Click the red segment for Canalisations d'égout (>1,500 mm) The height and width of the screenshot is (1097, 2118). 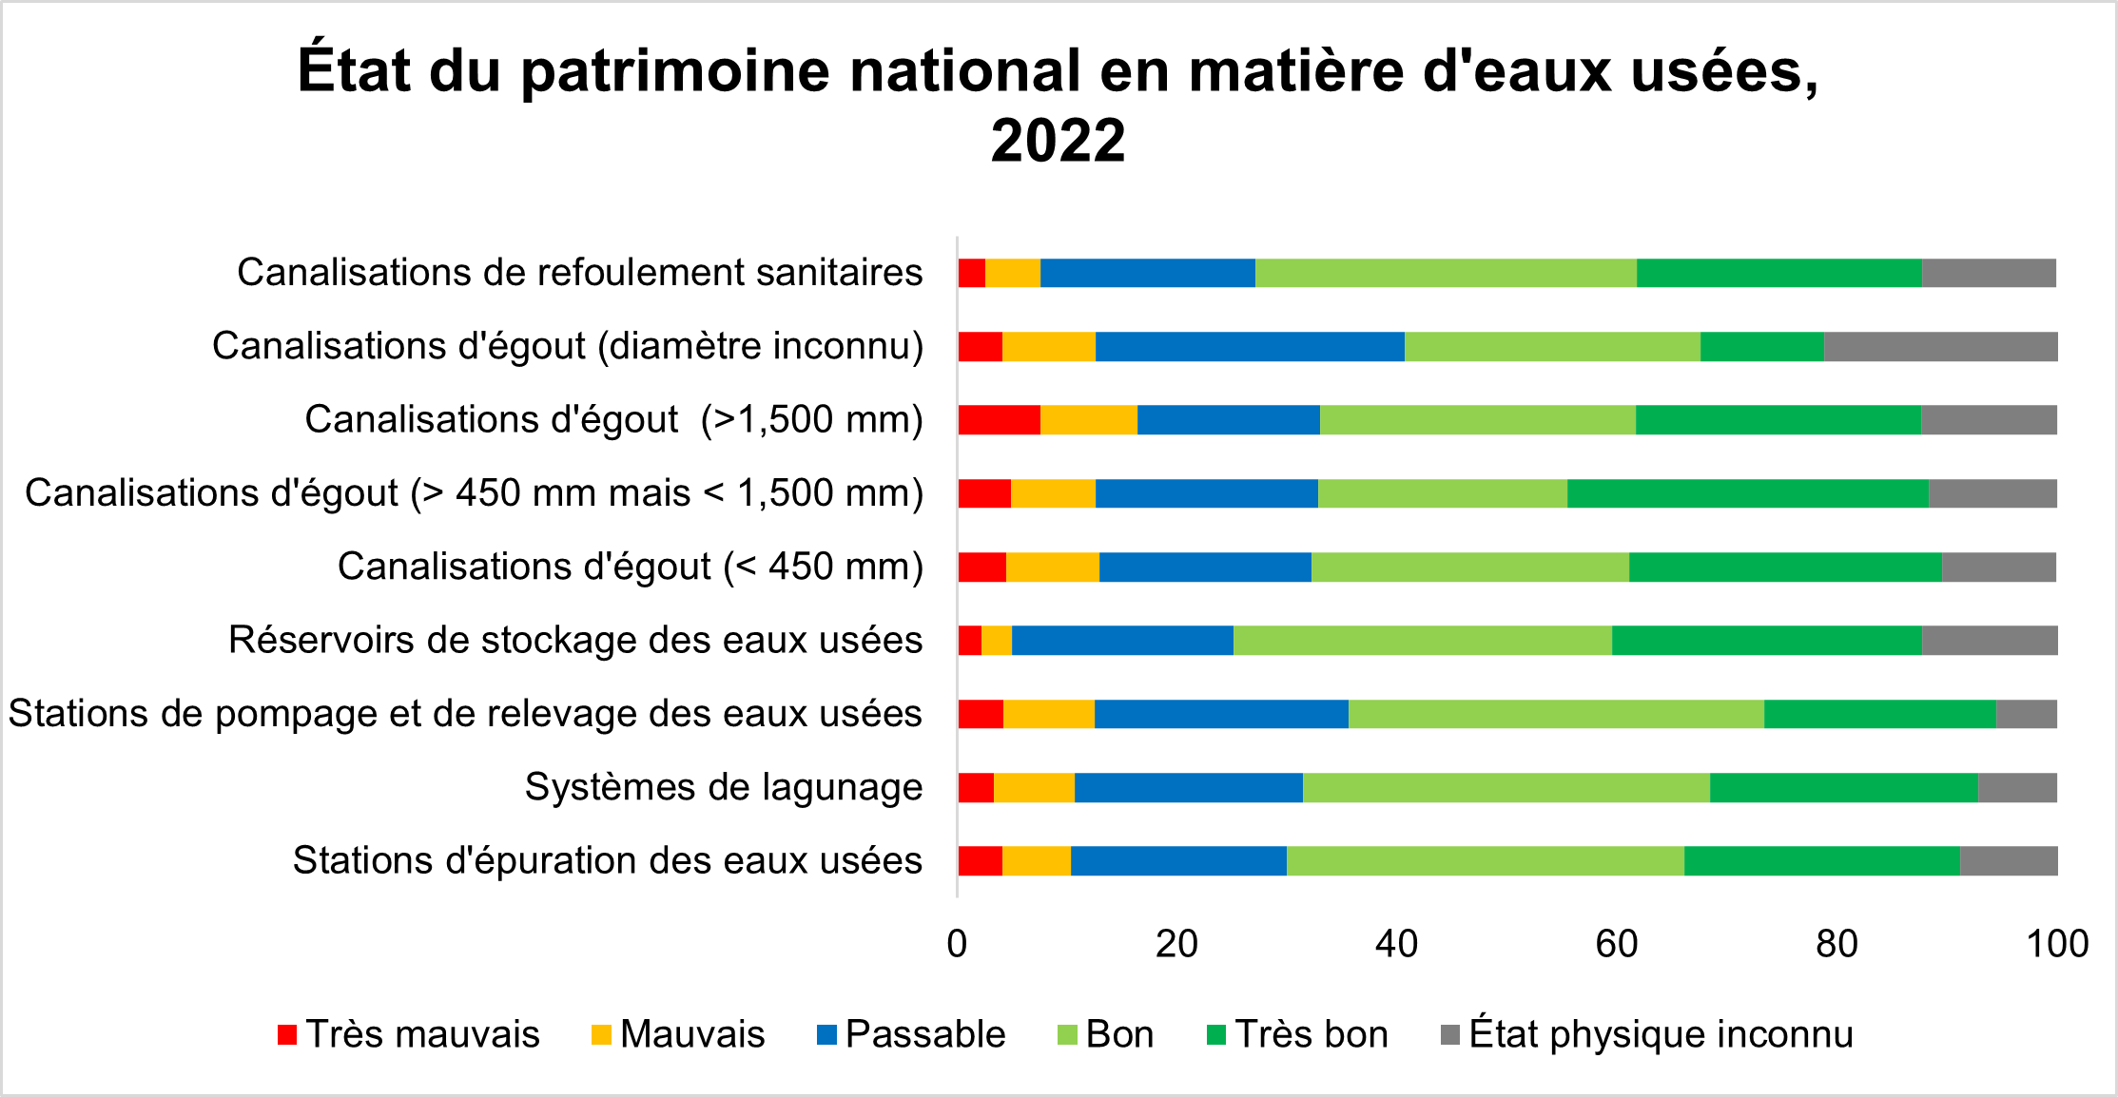coord(999,420)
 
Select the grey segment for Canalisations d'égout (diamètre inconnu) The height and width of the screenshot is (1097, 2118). coord(1940,347)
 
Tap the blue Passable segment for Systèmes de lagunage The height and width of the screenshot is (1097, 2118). coord(1188,788)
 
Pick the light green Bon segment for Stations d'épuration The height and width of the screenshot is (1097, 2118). coord(1485,861)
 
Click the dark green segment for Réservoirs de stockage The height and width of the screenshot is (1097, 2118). coord(1766,641)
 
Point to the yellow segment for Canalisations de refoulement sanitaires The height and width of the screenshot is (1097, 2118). coord(1012,273)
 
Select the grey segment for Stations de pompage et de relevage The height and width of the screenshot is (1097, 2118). coord(2026,714)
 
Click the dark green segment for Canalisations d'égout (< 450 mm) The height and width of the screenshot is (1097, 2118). coord(1784,568)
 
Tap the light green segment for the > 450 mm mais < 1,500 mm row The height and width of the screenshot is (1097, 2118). coord(1442,494)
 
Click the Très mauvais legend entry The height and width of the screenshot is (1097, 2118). coord(409,1034)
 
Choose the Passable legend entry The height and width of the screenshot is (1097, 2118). coord(911,1034)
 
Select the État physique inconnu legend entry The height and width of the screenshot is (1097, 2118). coord(1647,1034)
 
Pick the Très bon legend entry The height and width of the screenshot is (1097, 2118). coord(1298,1034)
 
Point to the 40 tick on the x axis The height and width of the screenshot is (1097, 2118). coord(1396,944)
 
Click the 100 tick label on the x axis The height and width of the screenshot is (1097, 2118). coord(2057,944)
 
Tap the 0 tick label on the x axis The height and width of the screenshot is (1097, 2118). coord(957,944)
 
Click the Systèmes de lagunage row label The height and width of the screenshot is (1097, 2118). coord(723,788)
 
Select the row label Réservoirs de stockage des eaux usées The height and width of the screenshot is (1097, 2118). coord(575,641)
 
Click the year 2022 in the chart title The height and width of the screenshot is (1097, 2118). coord(1058,141)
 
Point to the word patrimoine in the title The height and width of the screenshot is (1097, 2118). coord(675,70)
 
